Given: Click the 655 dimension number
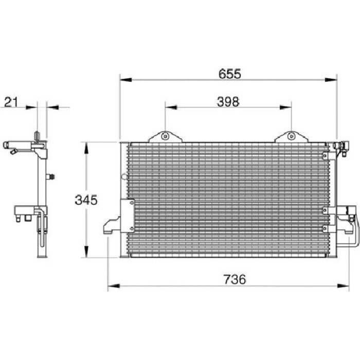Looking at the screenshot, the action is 230,74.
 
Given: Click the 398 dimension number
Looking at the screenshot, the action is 228,102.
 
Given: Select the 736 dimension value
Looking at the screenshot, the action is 235,279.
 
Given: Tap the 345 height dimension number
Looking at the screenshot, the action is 86,200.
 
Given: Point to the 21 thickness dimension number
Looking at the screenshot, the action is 11,102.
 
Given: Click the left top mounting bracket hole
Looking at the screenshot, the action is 165,136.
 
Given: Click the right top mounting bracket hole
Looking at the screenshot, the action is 291,136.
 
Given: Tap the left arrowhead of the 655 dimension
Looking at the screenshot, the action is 126,80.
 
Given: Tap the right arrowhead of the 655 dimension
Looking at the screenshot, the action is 330,80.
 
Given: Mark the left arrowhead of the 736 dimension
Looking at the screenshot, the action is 114,286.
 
